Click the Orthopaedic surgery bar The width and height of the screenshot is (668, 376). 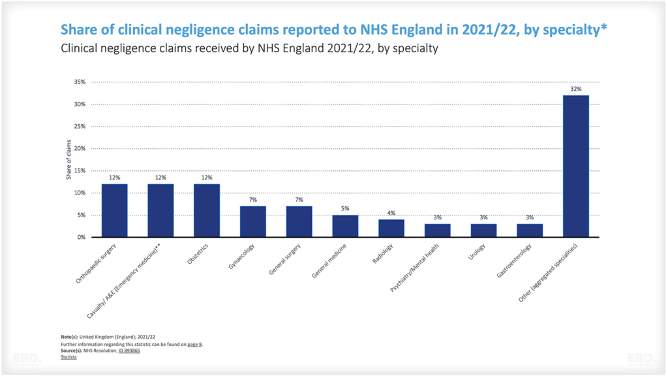(114, 210)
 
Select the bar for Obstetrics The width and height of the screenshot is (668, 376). (207, 210)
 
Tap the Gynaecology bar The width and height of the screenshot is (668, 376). (253, 221)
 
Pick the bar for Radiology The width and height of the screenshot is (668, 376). (391, 228)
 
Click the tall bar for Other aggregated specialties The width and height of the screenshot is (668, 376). (576, 166)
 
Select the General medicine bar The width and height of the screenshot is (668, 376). (345, 226)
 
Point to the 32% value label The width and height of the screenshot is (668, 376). (576, 89)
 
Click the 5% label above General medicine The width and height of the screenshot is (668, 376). (345, 208)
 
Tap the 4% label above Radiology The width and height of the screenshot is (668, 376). (391, 213)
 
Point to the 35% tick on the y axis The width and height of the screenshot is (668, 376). (80, 82)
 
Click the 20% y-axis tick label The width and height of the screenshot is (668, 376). (80, 149)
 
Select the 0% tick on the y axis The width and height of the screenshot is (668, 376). (82, 238)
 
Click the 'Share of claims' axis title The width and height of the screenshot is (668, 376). (68, 160)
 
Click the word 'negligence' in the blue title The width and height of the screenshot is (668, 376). (203, 30)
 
